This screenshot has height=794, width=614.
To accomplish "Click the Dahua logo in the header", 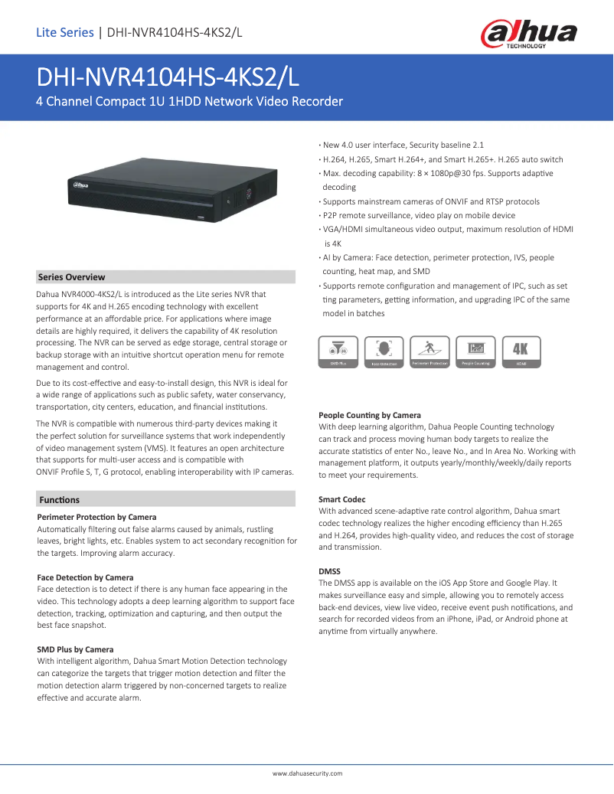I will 528,34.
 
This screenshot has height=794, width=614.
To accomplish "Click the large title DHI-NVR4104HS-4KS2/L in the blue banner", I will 169,77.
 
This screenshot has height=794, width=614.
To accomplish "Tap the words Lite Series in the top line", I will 65,32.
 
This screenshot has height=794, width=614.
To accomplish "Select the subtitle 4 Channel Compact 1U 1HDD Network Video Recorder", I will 190,101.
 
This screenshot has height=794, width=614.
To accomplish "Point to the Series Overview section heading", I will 72,277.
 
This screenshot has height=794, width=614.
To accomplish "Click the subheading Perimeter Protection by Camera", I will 96,518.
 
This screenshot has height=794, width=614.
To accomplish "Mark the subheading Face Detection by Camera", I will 85,577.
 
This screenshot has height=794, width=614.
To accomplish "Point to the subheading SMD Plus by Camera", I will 75,649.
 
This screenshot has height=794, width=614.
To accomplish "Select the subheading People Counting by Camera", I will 370,415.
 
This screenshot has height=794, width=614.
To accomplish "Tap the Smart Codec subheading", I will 342,499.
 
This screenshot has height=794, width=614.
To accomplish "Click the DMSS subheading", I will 329,571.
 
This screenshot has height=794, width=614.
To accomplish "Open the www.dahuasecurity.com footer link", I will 307,773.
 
